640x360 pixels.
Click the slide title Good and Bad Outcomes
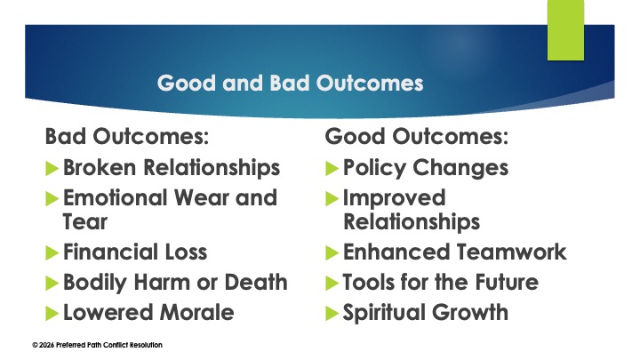point(290,84)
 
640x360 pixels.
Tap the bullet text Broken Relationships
point(172,167)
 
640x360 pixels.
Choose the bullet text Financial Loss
point(135,252)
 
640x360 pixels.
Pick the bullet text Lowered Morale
point(148,313)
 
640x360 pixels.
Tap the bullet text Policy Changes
point(426,167)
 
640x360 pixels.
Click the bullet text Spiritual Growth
point(426,313)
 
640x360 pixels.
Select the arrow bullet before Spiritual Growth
point(332,313)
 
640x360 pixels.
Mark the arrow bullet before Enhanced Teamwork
point(332,252)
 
